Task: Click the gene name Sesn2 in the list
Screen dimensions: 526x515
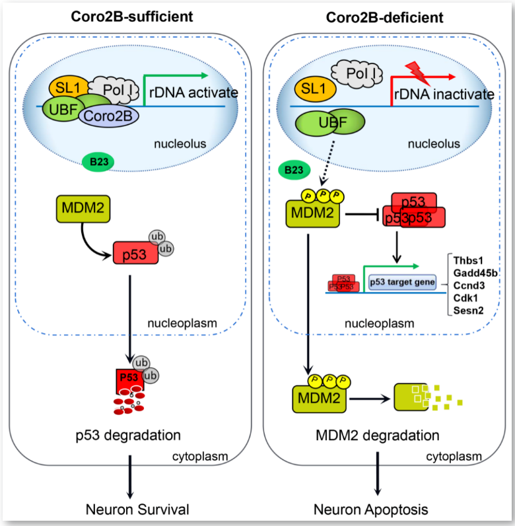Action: (x=468, y=309)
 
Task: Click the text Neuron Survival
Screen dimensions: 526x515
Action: (x=136, y=509)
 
